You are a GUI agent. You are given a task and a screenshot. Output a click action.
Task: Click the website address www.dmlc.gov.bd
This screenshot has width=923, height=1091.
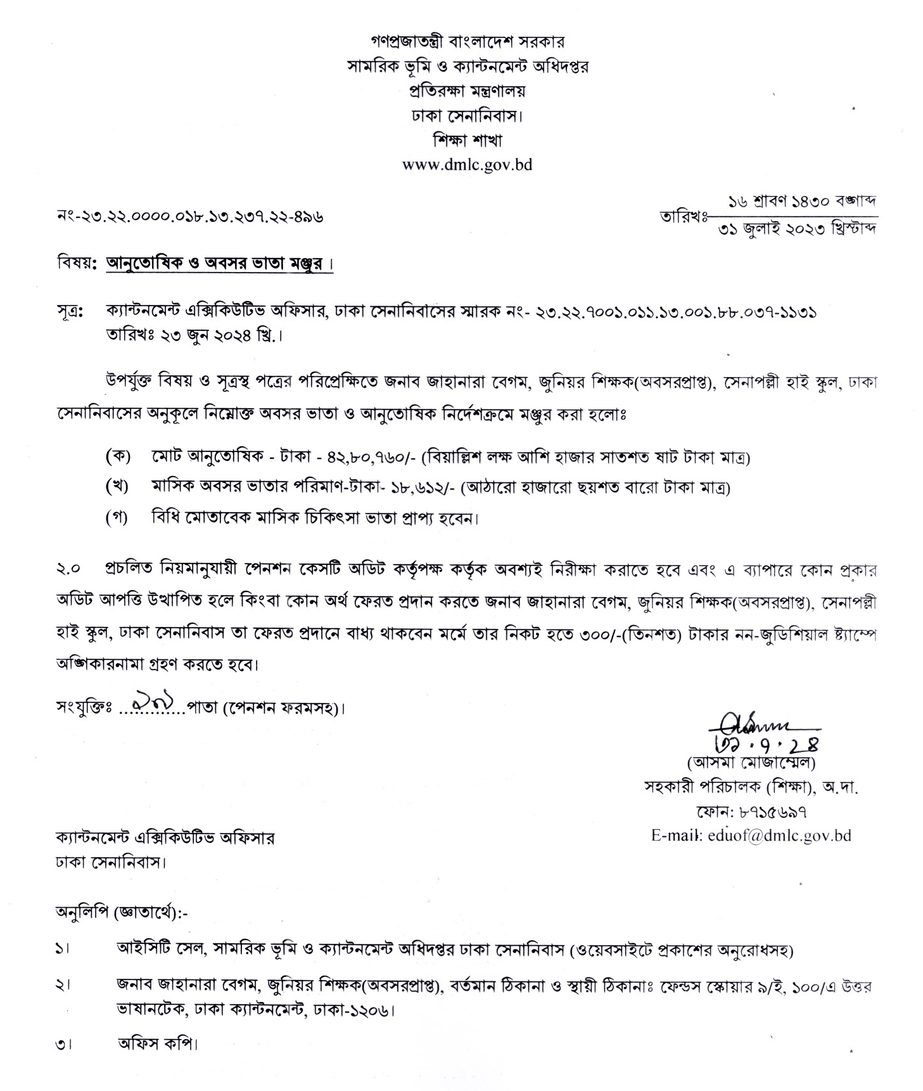point(467,165)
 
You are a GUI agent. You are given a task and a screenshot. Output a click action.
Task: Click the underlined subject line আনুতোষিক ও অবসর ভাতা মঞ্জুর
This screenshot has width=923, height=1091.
point(219,262)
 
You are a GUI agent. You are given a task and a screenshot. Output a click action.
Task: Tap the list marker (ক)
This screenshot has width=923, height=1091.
point(117,456)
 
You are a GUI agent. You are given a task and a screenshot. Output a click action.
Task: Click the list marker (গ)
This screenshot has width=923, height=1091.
point(117,517)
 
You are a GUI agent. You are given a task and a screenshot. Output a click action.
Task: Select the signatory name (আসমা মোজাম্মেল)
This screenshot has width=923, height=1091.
point(751,763)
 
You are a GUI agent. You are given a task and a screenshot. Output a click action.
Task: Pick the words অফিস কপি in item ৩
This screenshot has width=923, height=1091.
point(157,1043)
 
